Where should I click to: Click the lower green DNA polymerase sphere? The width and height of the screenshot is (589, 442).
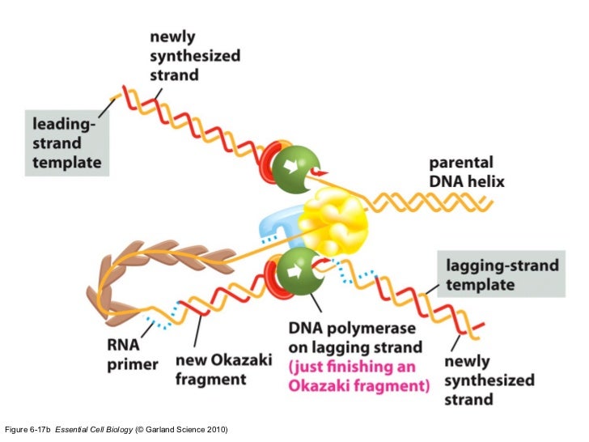click(299, 271)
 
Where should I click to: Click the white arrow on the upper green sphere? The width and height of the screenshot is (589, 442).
click(290, 166)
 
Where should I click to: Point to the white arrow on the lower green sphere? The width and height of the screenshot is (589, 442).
click(295, 271)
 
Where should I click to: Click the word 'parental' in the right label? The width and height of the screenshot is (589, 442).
click(461, 164)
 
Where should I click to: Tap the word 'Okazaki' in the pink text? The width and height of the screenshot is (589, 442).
click(320, 386)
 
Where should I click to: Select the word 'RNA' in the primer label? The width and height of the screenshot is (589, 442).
click(123, 345)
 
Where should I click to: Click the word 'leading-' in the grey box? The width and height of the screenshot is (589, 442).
click(62, 125)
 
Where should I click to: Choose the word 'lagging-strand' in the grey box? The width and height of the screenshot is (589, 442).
click(502, 266)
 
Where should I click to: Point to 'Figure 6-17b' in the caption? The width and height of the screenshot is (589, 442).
click(27, 430)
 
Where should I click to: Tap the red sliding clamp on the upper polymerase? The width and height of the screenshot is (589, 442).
click(269, 163)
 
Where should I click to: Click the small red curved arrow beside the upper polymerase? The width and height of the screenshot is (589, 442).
click(318, 172)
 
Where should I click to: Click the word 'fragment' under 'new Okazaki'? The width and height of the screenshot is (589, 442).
click(210, 380)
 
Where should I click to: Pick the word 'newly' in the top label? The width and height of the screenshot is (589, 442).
click(172, 37)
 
